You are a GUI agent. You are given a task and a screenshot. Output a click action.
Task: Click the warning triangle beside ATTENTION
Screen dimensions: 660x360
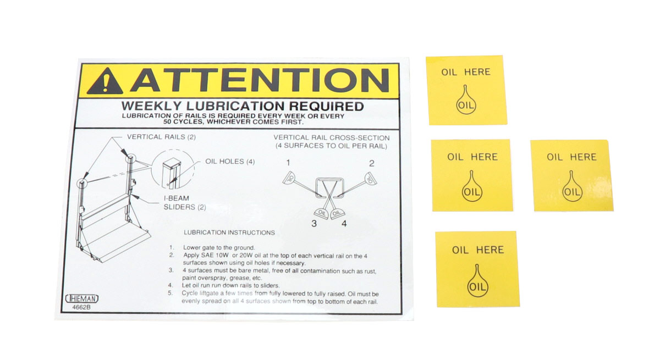coord(105,81)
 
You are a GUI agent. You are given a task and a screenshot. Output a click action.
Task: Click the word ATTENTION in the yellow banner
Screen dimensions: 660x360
coord(260,80)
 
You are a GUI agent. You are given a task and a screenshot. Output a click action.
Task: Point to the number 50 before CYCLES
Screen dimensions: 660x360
coord(168,122)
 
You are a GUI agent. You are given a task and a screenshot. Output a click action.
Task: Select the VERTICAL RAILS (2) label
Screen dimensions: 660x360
coord(161,137)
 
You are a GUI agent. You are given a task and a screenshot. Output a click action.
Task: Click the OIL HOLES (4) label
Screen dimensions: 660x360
coord(230,162)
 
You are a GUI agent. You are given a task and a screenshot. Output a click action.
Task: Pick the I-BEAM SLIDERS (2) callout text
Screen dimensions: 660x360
coord(185,202)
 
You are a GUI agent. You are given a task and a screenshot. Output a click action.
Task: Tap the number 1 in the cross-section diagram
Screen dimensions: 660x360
coord(288,163)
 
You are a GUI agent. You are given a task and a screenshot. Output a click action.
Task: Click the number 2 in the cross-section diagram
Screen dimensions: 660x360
coord(372,163)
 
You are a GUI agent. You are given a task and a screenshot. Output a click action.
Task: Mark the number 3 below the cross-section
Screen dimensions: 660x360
coord(314,224)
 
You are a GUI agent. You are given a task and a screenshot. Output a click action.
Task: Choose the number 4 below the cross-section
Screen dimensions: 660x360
coord(344,224)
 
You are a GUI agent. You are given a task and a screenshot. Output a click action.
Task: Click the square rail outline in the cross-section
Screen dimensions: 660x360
coord(316,188)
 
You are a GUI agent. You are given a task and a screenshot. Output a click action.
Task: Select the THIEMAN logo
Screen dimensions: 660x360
coord(82,299)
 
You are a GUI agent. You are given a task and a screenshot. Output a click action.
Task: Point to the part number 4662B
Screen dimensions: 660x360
coord(81,307)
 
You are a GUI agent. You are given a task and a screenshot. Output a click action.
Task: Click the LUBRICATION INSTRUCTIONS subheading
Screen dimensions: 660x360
coord(229,232)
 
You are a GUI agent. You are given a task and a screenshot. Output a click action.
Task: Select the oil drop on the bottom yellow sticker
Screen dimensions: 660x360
coord(477,281)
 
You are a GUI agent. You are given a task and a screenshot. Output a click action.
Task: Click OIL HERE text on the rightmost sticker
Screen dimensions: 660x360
coord(571,157)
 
